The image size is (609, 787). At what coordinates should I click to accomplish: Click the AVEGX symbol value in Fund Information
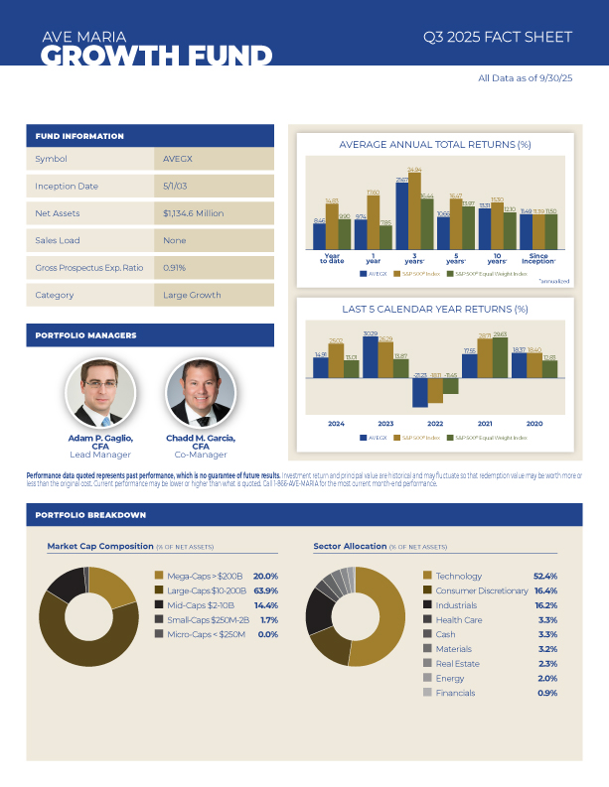coord(177,159)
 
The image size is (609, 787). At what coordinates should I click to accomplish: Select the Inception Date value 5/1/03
coord(176,186)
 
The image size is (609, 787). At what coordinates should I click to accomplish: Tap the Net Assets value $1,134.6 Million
coord(194,213)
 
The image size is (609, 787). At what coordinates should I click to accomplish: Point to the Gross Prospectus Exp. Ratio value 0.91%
coord(175,267)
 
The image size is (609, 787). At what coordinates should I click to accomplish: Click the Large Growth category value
coord(192,295)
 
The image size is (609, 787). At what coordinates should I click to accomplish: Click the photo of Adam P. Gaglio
coord(99,394)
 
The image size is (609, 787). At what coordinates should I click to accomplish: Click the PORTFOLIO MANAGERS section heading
coord(86,335)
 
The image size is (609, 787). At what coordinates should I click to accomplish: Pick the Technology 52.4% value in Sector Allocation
coord(544,576)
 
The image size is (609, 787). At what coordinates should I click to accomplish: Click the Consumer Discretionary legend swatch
coord(427,590)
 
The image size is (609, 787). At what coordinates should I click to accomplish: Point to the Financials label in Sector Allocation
coord(456,693)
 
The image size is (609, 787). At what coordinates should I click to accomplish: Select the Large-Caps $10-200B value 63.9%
coord(265,590)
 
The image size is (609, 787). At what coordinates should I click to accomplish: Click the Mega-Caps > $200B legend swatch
coord(159,576)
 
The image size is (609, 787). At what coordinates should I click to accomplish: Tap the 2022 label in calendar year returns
coord(435,423)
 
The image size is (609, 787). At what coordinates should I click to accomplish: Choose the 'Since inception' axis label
coord(538,259)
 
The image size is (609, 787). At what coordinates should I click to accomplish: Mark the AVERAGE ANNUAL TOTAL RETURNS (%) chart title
coord(435,145)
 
